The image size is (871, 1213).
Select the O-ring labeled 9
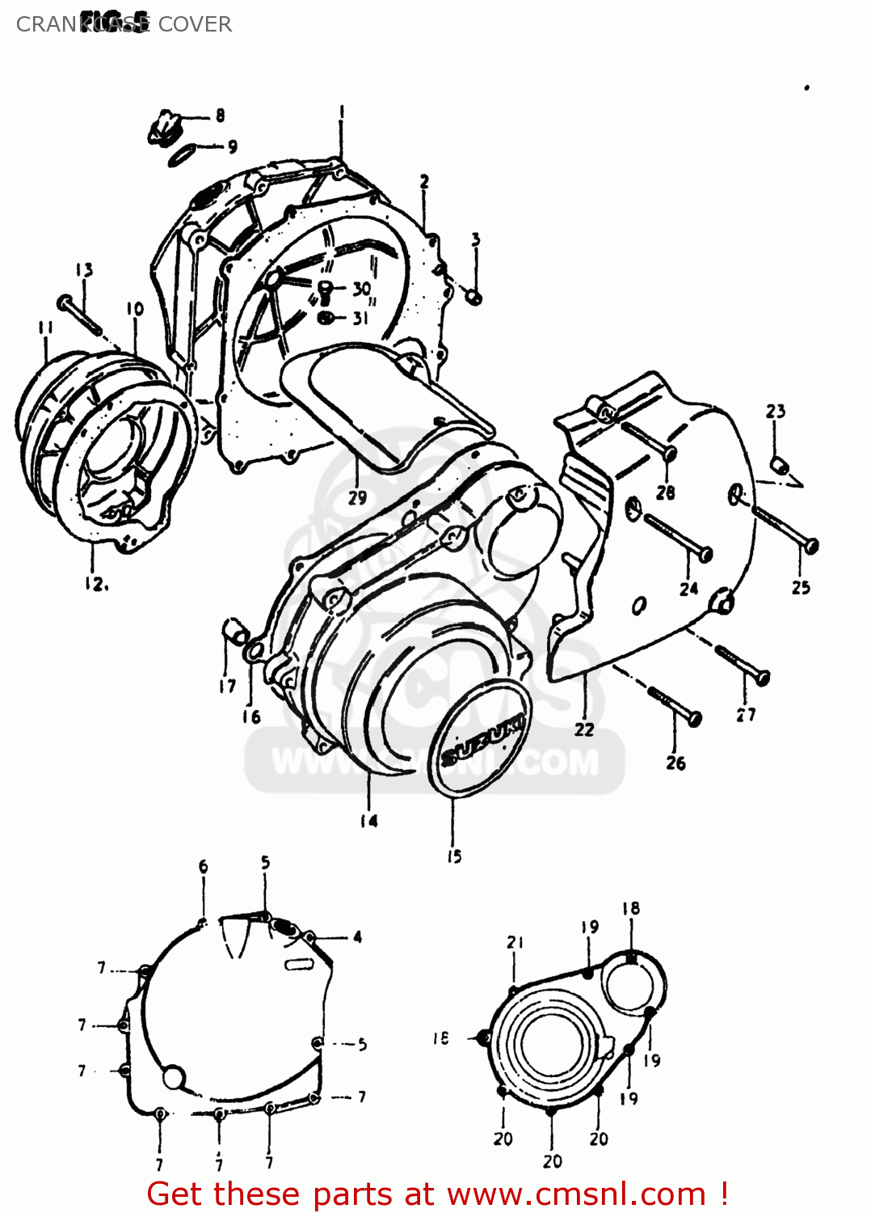tap(182, 154)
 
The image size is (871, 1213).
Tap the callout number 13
tap(84, 270)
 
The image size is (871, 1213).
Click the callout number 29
tap(357, 498)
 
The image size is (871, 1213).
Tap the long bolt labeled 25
tap(784, 529)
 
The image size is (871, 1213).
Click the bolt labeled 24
tap(677, 537)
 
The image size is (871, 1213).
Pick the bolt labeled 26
tap(675, 705)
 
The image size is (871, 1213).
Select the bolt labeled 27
tap(743, 663)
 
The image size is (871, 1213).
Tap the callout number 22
tap(584, 729)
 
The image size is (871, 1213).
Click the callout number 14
tap(368, 821)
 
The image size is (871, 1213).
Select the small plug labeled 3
tap(475, 298)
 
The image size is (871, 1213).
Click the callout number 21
tap(515, 942)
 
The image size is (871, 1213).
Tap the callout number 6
tap(203, 866)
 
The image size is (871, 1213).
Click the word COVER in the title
tap(195, 24)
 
